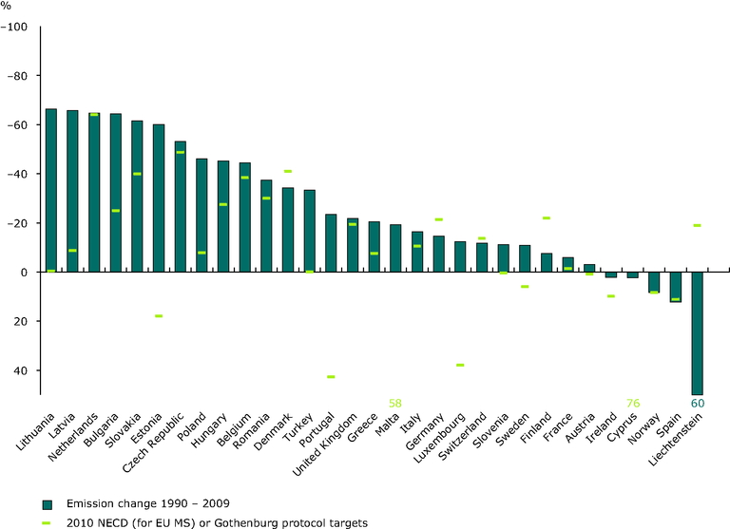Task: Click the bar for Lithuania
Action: [51, 191]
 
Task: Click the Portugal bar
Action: [332, 243]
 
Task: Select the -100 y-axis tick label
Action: [16, 27]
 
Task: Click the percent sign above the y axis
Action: [7, 7]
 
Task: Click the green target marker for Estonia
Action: [159, 315]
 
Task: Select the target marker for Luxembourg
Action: [460, 365]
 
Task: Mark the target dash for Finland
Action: [547, 218]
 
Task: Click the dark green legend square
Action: [46, 502]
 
